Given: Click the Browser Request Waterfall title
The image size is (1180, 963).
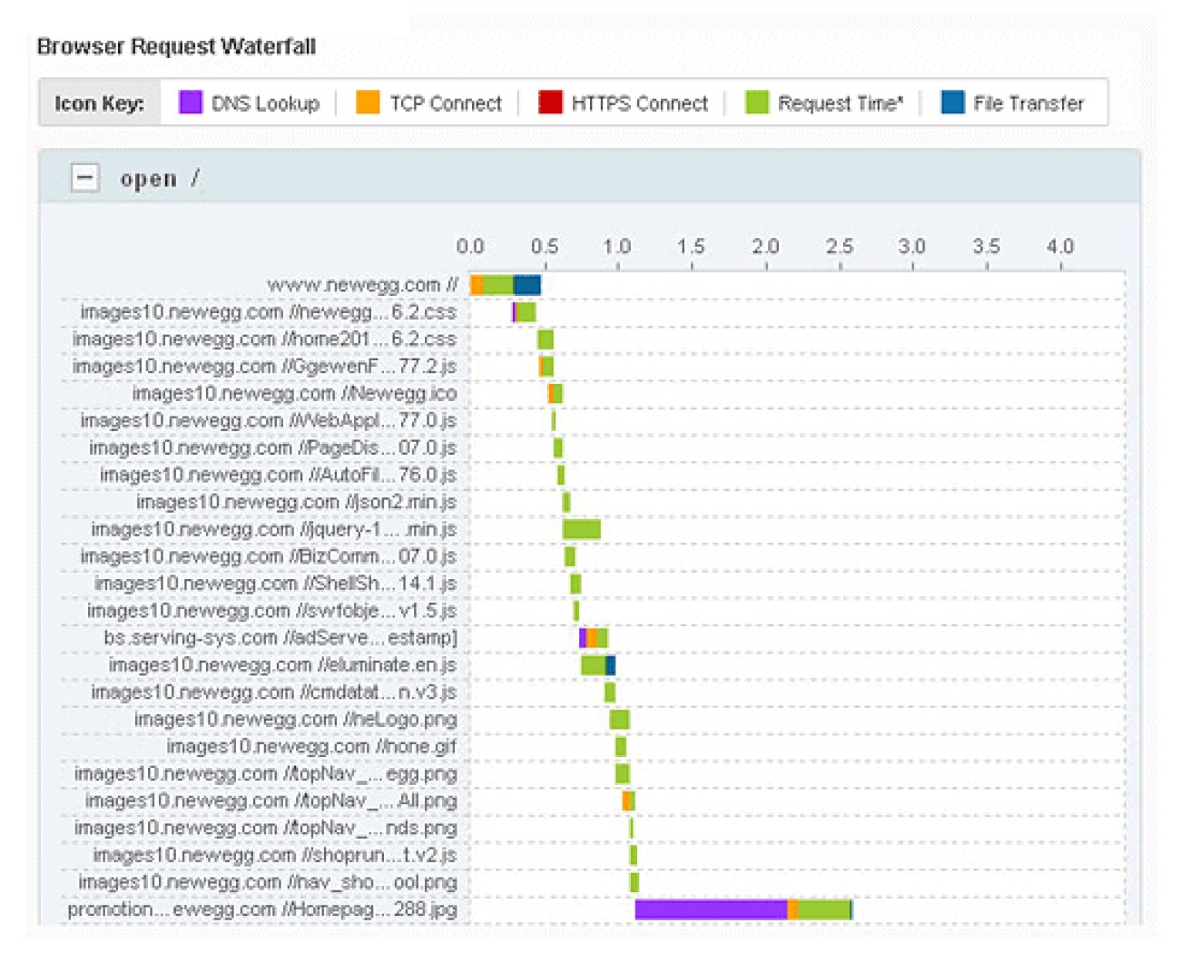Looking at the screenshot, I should coord(176,46).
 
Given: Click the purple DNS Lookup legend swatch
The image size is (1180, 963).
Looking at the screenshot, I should coord(191,103).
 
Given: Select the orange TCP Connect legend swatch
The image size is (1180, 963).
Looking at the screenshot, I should coord(368,103).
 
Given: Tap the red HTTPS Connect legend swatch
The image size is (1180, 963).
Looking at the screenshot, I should coord(550,103).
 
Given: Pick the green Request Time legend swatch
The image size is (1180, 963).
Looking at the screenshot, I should coord(756,103).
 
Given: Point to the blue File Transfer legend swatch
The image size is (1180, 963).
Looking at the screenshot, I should coord(953,103).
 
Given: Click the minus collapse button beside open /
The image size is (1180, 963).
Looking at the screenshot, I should coord(85,178).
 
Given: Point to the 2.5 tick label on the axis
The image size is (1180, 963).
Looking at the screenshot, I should coord(840,246).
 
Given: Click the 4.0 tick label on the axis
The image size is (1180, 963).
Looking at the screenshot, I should coord(1059,246).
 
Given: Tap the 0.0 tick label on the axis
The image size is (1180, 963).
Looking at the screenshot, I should coord(469,246).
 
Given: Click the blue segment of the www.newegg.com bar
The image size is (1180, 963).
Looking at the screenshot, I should coord(527,285).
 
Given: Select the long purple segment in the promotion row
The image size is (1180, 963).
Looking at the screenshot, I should coord(711,909).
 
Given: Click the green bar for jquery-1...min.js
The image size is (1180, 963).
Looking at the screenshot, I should coord(582,529).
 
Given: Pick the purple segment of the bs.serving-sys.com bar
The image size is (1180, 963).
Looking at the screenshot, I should coord(583,638).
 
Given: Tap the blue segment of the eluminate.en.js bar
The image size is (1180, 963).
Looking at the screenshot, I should coord(611,665).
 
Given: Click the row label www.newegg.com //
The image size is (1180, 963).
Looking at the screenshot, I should coord(362,285).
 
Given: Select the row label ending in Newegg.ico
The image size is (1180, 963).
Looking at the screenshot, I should coord(294,394).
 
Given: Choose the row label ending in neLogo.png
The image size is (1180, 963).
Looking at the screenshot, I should coord(295,720).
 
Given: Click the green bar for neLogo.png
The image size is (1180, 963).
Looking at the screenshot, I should coord(619,720).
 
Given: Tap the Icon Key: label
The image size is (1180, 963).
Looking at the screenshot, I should coord(99,103).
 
